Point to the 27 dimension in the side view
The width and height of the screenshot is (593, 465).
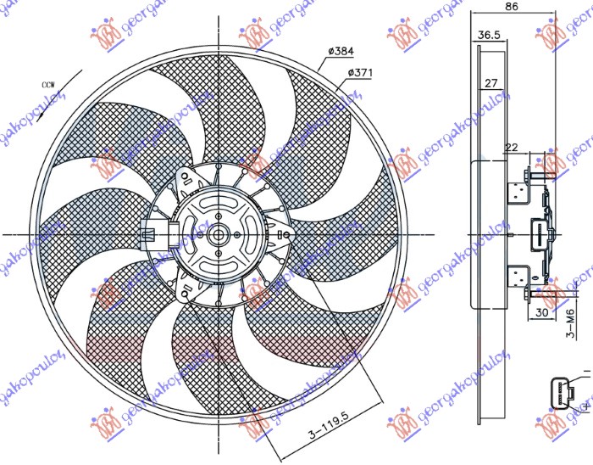[490, 84]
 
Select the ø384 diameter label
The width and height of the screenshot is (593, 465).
[337, 51]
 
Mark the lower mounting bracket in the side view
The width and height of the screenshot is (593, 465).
[518, 277]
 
